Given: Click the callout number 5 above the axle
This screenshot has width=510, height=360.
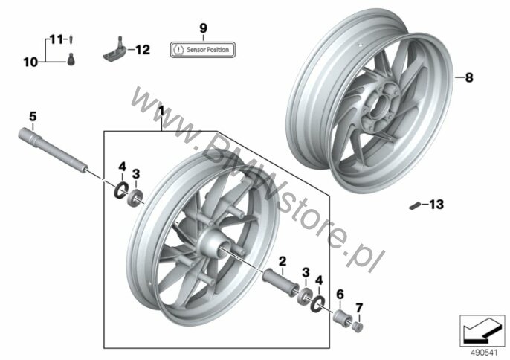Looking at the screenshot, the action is pyautogui.click(x=33, y=117).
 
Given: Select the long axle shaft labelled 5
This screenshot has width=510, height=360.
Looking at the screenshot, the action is pyautogui.click(x=53, y=150).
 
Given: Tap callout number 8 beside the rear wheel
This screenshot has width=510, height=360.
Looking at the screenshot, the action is pyautogui.click(x=468, y=78).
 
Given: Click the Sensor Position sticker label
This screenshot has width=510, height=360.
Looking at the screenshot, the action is pyautogui.click(x=203, y=50).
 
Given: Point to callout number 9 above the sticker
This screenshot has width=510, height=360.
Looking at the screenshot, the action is pyautogui.click(x=203, y=28).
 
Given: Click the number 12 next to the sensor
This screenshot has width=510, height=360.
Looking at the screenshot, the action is pyautogui.click(x=143, y=50).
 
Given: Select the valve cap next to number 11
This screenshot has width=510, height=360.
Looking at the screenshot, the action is pyautogui.click(x=71, y=39).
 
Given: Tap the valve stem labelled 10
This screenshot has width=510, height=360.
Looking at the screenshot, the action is pyautogui.click(x=71, y=60).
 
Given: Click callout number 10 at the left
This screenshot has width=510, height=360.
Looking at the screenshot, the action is pyautogui.click(x=30, y=62).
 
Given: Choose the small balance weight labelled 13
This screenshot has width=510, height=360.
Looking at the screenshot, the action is pyautogui.click(x=415, y=206).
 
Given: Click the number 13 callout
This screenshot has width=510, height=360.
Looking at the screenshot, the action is pyautogui.click(x=436, y=205).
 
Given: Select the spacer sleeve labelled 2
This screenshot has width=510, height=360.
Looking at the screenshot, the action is pyautogui.click(x=281, y=282).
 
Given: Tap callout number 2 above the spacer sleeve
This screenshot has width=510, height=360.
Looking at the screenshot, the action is pyautogui.click(x=283, y=261).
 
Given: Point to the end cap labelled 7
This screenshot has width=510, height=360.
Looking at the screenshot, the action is pyautogui.click(x=358, y=327).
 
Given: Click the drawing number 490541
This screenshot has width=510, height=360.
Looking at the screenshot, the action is pyautogui.click(x=484, y=353).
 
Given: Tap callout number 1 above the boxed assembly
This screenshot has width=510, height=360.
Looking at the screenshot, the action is pyautogui.click(x=161, y=112).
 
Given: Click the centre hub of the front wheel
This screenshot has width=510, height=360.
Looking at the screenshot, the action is pyautogui.click(x=212, y=244).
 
